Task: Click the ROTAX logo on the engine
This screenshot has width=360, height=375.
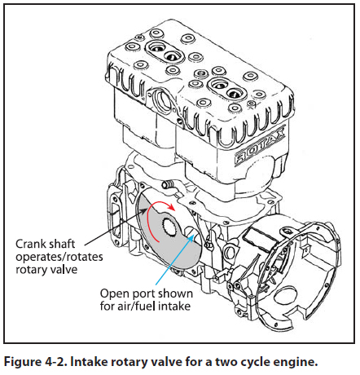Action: pyautogui.click(x=260, y=146)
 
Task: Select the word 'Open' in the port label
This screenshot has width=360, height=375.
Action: pyautogui.click(x=112, y=294)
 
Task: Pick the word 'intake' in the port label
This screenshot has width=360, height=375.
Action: pyautogui.click(x=174, y=307)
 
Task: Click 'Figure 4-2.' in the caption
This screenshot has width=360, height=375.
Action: pyautogui.click(x=35, y=362)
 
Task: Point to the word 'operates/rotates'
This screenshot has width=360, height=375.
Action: pyautogui.click(x=59, y=257)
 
